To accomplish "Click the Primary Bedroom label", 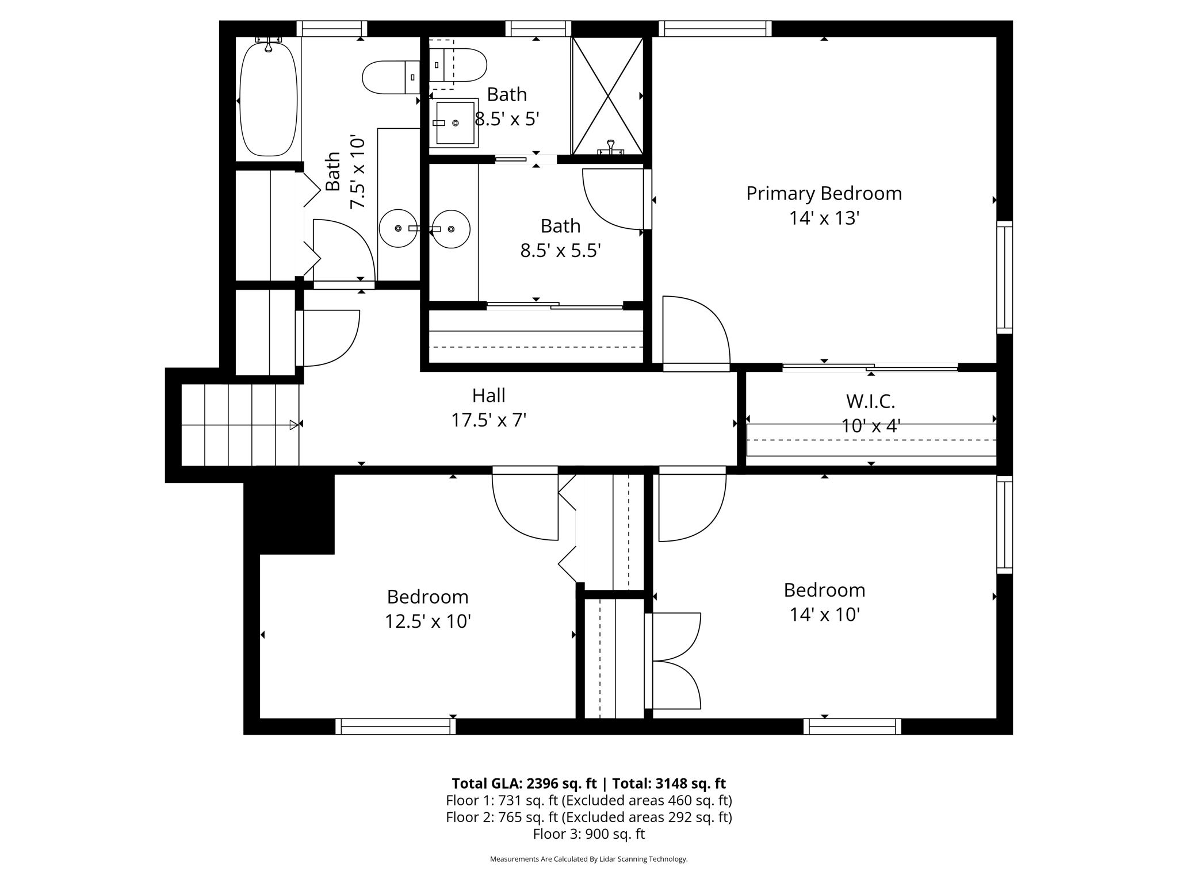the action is click(x=824, y=194).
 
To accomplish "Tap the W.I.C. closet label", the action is click(x=870, y=401).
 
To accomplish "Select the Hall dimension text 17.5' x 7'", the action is click(x=489, y=420).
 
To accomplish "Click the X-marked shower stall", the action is click(x=607, y=96).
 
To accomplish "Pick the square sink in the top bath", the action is click(x=454, y=123).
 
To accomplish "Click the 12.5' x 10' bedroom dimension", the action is click(x=428, y=621).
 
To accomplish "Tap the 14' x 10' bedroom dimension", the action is click(x=824, y=615).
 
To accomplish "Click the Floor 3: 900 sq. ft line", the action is click(x=589, y=834).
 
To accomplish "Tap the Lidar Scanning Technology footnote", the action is click(x=588, y=859).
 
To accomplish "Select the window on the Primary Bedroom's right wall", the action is click(x=1004, y=277).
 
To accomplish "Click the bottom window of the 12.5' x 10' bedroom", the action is click(x=396, y=727).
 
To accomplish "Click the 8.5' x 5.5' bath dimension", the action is click(x=561, y=251).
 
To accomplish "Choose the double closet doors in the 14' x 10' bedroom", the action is click(x=672, y=661).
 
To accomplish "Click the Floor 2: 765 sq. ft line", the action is click(x=589, y=817).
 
